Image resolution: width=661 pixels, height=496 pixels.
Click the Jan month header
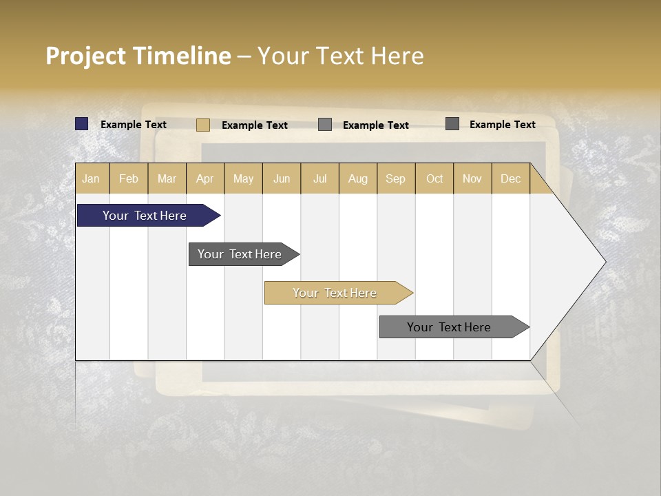pos(92,178)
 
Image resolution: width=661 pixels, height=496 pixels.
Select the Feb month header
pos(129,178)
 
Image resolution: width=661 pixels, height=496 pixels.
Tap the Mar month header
pos(167,178)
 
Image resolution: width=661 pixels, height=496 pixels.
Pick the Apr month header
pos(205,178)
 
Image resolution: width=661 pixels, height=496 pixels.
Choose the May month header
pos(243,178)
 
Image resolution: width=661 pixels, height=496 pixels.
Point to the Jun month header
pos(282,178)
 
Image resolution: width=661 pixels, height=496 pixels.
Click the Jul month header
pos(319,178)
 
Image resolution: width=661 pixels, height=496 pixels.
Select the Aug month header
pos(358,178)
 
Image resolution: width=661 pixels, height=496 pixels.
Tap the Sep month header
pos(396,178)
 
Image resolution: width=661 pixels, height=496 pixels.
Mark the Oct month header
pos(434,178)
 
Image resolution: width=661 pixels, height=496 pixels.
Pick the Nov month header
pos(472,178)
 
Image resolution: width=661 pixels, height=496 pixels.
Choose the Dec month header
pos(511,178)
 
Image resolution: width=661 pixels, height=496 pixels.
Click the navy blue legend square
pos(82,124)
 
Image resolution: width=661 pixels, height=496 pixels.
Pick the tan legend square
pos(203,125)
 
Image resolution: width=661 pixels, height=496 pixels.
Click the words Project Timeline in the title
pos(138,56)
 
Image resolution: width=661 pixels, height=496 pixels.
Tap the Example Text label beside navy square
pos(134,125)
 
